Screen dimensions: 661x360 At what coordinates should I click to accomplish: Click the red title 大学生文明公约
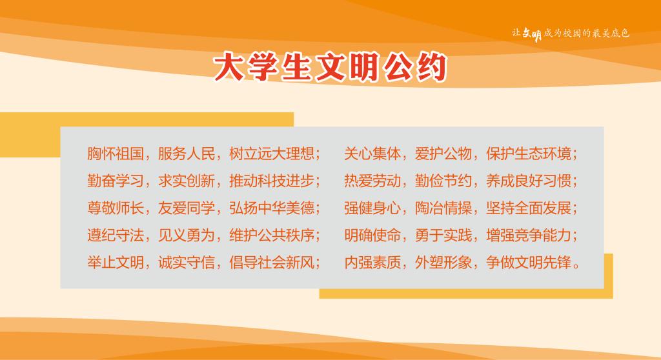pos(330,67)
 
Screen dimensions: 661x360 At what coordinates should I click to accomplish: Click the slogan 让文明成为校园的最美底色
pos(571,34)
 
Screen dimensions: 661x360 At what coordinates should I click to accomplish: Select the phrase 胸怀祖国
pos(116,154)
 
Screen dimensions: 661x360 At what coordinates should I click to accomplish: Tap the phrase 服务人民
pos(187,154)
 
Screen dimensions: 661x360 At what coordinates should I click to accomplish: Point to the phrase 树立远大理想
pos(272,154)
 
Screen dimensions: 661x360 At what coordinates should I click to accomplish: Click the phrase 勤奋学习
pos(116,181)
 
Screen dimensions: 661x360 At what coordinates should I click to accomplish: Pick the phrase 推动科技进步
pos(272,181)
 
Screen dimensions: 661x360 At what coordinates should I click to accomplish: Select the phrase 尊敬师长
pos(116,208)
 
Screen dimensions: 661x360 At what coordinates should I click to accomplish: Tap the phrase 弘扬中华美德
pos(272,208)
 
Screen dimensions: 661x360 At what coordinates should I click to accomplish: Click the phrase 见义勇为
pos(187,235)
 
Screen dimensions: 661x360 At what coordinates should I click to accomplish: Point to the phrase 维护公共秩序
pos(272,235)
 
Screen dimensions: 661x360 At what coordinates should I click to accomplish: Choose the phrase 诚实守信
pos(187,263)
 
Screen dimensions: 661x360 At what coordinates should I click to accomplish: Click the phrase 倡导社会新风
pos(272,263)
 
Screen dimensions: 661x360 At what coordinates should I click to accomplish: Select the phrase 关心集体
pos(372,154)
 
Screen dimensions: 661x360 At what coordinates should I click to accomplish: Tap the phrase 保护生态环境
pos(529,154)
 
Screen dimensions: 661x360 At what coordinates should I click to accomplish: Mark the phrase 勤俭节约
pos(443,181)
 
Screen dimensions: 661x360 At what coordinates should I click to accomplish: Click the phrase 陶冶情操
pos(443,208)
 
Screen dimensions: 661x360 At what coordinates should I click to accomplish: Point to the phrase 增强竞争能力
pos(529,235)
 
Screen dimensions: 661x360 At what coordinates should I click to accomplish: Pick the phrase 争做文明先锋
pos(529,263)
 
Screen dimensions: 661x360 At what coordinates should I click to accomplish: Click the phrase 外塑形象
pos(443,263)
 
